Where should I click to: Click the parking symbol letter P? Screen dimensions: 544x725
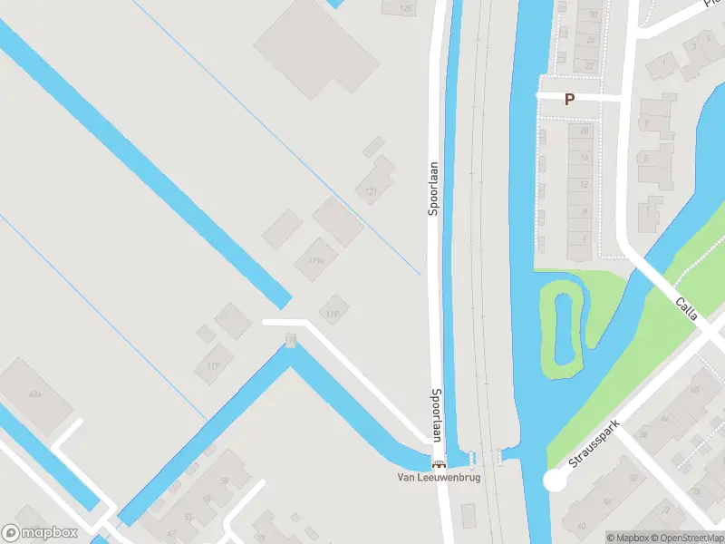(569, 100)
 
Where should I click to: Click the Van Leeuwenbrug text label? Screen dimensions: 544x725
(439, 478)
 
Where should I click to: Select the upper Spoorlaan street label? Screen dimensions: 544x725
(434, 189)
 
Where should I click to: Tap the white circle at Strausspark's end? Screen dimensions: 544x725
(554, 481)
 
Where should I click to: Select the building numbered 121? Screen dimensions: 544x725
(371, 191)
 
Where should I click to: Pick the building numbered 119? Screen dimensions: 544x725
(332, 314)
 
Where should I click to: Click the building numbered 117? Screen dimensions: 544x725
(213, 365)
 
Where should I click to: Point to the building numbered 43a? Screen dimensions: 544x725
(35, 394)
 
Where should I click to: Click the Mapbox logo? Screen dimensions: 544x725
(40, 533)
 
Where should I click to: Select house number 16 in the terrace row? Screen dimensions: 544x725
(585, 158)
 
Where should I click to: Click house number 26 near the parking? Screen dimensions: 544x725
(590, 40)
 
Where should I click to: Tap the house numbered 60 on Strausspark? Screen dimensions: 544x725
(579, 523)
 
